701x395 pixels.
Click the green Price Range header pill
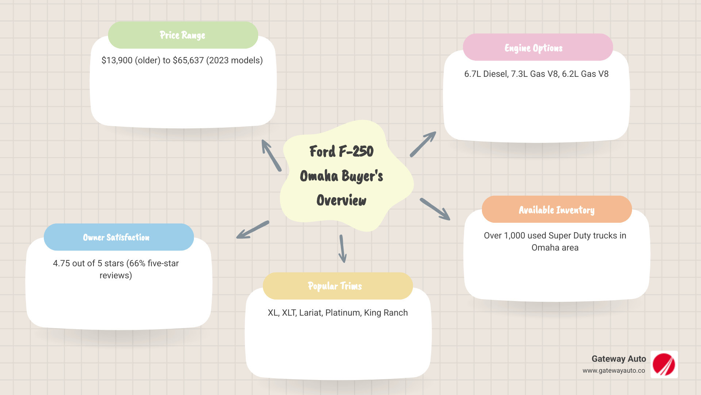pyautogui.click(x=183, y=35)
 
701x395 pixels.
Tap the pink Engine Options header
pyautogui.click(x=537, y=48)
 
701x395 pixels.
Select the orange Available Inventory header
pyautogui.click(x=556, y=210)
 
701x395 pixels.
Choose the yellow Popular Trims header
pyautogui.click(x=337, y=286)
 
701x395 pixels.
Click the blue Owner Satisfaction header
pyautogui.click(x=119, y=237)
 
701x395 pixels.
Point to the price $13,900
pyautogui.click(x=117, y=60)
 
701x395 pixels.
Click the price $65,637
pyautogui.click(x=188, y=60)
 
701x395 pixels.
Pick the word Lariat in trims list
pyautogui.click(x=311, y=313)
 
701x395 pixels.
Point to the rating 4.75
pyautogui.click(x=61, y=263)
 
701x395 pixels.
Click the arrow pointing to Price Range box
pyautogui.click(x=271, y=155)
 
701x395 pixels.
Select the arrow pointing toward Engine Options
pyautogui.click(x=423, y=144)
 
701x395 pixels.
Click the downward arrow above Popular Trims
pyautogui.click(x=342, y=249)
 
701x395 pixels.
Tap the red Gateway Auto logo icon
pyautogui.click(x=664, y=364)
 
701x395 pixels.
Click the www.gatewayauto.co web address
pyautogui.click(x=613, y=370)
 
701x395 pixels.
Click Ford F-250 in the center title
pyautogui.click(x=341, y=151)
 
